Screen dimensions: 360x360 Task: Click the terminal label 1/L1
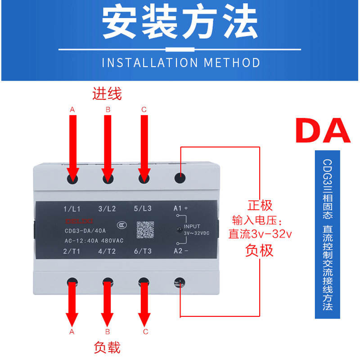[x=72, y=209]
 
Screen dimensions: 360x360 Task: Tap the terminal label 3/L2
[x=107, y=209]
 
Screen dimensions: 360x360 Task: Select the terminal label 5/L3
[x=143, y=209]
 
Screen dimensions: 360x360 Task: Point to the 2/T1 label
[x=72, y=252]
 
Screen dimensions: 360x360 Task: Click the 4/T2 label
[x=107, y=252]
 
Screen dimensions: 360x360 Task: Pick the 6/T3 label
[x=143, y=252]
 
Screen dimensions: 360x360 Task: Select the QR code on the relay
[x=145, y=229]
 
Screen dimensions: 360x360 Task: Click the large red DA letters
[x=323, y=130]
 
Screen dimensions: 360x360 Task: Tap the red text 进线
[x=107, y=94]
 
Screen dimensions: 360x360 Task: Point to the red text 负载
[x=107, y=347]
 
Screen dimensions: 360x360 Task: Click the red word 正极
[x=260, y=206]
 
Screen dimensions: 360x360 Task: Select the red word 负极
[x=260, y=250]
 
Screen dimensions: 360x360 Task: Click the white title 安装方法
[x=180, y=22]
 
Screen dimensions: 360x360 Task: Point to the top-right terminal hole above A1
[x=180, y=177]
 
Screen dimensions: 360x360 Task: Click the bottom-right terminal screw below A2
[x=180, y=283]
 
